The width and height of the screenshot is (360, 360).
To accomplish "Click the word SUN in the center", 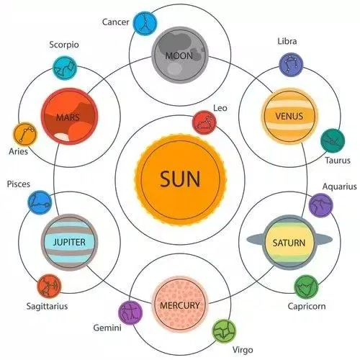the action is [x=180, y=179].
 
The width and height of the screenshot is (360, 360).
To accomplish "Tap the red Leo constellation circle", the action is [x=204, y=122].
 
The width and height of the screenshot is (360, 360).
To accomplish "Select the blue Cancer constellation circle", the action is [x=145, y=24].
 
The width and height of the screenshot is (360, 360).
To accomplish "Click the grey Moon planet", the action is [x=180, y=55].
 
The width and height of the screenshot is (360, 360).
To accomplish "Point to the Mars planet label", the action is [x=68, y=117].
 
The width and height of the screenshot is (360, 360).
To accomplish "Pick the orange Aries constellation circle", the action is [x=25, y=135].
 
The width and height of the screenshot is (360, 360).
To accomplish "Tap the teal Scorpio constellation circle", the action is [x=65, y=68].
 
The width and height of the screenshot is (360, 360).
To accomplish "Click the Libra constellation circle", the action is [x=291, y=65].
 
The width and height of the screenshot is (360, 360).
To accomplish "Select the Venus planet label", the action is [x=289, y=117].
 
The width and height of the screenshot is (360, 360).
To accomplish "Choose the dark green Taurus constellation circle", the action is [x=333, y=140].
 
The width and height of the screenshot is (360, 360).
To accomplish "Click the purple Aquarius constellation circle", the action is [x=320, y=205].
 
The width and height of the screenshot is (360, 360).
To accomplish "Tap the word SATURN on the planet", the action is [x=289, y=243].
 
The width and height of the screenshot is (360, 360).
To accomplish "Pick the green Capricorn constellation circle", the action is [x=306, y=287].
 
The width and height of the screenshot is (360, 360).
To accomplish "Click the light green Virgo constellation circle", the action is [x=224, y=331].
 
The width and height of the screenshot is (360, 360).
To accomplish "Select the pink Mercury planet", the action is [x=180, y=305].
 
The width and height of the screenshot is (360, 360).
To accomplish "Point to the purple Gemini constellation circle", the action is [x=130, y=312].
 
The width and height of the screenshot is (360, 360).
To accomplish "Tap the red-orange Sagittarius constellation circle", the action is [x=49, y=287].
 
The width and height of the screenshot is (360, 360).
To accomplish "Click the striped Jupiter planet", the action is [x=69, y=242].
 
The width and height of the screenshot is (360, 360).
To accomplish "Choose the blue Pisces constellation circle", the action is [x=40, y=202].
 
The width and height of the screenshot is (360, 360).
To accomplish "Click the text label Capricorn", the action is [x=307, y=307].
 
